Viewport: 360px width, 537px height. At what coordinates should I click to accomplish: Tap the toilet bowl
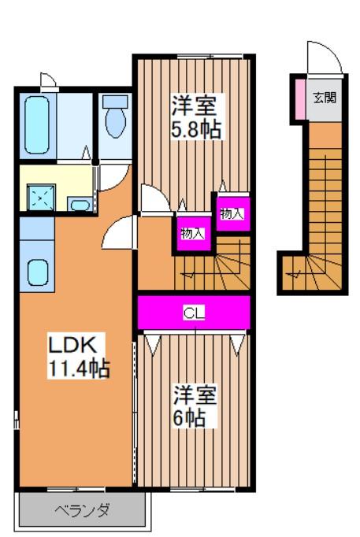pos(115,121)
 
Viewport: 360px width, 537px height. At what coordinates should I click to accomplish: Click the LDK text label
pos(72,344)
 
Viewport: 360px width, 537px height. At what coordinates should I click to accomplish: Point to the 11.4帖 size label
pos(79,367)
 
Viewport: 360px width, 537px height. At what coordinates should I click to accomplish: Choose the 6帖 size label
pos(190,417)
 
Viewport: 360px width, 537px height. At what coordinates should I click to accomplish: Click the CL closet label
pos(194,313)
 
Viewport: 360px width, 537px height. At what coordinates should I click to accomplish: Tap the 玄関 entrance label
pos(324,98)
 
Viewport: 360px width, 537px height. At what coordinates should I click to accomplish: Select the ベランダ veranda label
pos(82,510)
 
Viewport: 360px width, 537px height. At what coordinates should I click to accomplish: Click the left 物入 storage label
pos(192,233)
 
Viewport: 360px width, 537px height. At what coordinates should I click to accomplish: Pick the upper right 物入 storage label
pos(232,213)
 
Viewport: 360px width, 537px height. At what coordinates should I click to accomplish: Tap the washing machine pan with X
pos(36,197)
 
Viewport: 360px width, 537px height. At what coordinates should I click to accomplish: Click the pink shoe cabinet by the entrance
pos(299,97)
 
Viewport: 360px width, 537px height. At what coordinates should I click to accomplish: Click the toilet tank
pos(115,102)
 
